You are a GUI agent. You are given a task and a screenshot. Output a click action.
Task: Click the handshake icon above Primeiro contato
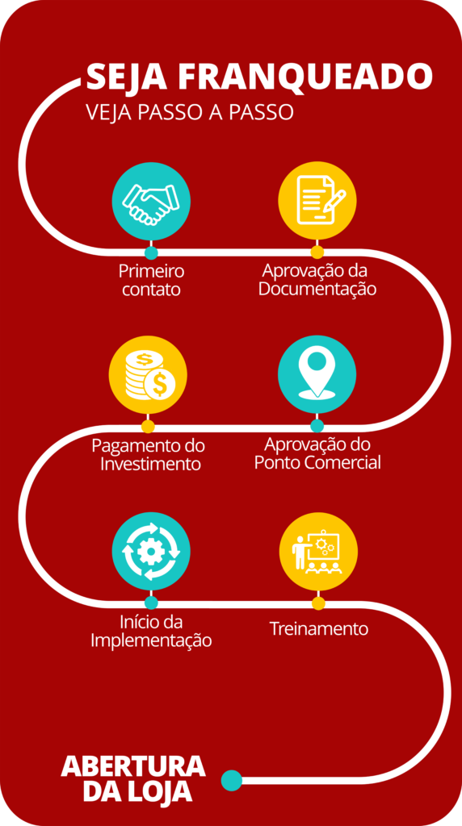click(x=151, y=201)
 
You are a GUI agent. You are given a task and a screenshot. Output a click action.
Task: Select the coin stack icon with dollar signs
click(x=148, y=374)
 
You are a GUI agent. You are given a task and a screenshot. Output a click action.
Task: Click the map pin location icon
click(x=317, y=374)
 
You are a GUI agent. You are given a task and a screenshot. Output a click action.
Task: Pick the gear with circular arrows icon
click(x=151, y=552)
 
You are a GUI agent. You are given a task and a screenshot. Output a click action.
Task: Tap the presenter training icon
click(x=318, y=552)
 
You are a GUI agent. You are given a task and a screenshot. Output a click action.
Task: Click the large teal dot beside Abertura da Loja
click(x=232, y=780)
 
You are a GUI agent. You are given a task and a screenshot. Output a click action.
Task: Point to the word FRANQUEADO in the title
click(x=304, y=77)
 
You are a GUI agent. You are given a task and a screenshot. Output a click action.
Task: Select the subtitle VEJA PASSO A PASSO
click(x=189, y=112)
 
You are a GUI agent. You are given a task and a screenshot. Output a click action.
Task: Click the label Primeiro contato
click(x=151, y=280)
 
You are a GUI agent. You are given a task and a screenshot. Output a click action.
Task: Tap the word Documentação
click(x=317, y=290)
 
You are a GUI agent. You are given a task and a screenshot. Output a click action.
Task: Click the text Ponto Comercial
click(x=317, y=462)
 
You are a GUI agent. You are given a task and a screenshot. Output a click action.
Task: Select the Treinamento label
click(x=318, y=629)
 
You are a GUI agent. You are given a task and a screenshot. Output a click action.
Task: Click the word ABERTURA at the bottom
click(x=133, y=766)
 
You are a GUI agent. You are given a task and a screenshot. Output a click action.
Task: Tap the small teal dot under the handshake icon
click(x=151, y=252)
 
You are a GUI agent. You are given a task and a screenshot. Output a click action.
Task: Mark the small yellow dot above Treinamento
click(x=318, y=603)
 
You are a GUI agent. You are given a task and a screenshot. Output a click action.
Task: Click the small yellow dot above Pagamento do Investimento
click(x=148, y=427)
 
